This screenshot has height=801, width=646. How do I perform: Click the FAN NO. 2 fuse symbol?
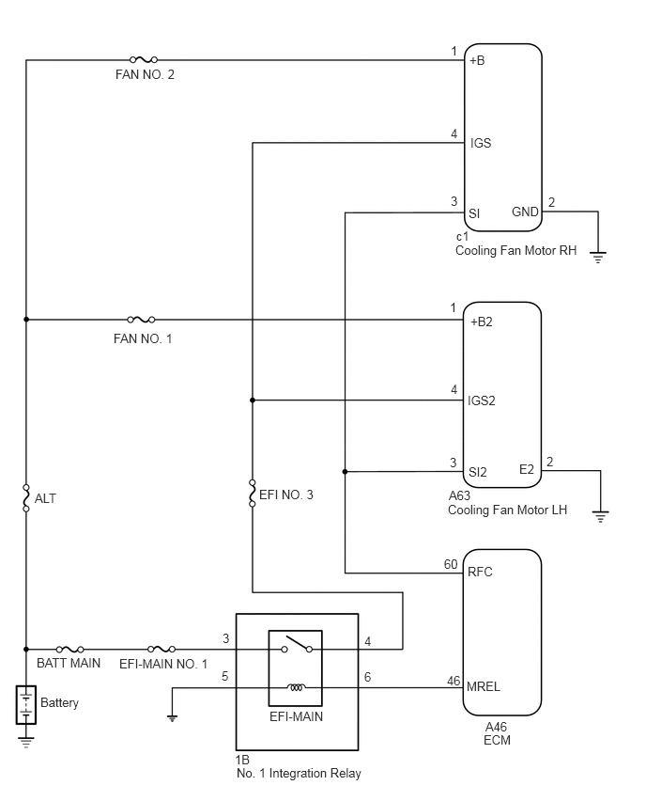[144, 60]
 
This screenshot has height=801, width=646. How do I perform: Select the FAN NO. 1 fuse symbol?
[141, 320]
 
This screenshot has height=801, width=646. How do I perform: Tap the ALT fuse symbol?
[26, 498]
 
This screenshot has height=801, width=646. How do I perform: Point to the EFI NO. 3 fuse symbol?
[252, 494]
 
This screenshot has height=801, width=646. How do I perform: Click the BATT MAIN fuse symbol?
[69, 650]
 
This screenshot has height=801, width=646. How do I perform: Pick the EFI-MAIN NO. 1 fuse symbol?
[161, 650]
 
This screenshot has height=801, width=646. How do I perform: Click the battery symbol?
[26, 705]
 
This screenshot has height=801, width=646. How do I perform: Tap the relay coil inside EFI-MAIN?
[296, 687]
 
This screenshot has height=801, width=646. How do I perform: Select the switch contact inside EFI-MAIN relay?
[297, 645]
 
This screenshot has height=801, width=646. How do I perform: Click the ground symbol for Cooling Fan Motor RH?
[597, 257]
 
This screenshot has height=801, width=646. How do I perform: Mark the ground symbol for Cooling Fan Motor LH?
[601, 516]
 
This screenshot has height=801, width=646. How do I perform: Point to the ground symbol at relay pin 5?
[173, 718]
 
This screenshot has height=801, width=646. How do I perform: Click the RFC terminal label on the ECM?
[480, 572]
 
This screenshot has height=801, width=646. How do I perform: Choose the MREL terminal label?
[484, 686]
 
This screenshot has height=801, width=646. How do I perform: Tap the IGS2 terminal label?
[481, 400]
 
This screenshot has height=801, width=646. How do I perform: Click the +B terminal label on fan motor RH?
[477, 60]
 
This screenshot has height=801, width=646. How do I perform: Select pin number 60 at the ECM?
[451, 564]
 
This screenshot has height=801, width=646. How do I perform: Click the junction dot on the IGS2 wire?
[252, 400]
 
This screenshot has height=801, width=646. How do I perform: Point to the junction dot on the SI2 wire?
[345, 472]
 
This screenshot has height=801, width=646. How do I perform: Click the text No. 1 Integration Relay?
[299, 774]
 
